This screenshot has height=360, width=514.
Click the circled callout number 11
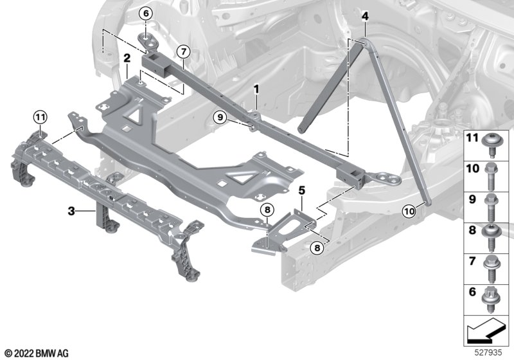click(x=40, y=116)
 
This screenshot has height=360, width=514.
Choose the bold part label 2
click(x=127, y=59)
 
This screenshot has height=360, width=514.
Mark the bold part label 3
click(x=72, y=210)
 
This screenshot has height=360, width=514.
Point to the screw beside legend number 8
click(x=495, y=233)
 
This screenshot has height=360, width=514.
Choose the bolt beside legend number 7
click(x=495, y=264)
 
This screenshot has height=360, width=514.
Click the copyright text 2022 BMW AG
click(x=36, y=353)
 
